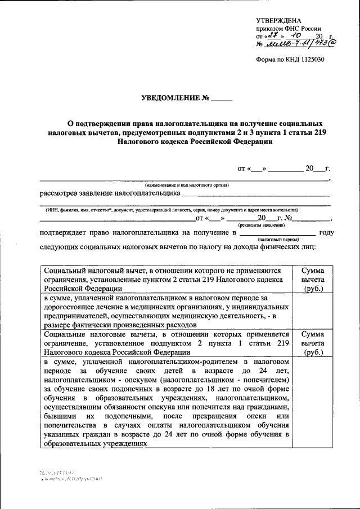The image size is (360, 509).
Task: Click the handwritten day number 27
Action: tap(275, 35)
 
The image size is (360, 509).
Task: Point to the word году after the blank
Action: tap(326, 232)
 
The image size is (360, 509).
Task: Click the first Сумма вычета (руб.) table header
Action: tap(312, 280)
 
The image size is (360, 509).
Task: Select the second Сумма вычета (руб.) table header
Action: tap(312, 343)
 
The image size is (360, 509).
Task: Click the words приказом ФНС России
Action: tap(289, 28)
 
